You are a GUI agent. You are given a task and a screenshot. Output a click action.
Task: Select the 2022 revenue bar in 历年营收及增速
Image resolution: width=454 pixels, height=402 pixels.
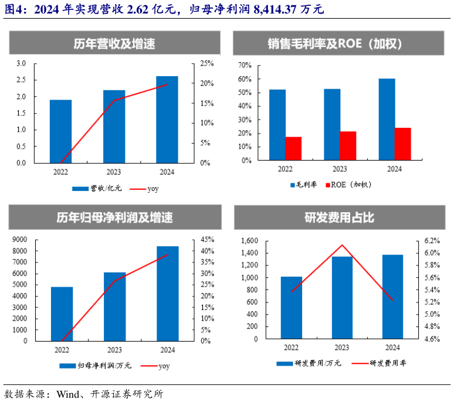(60, 131)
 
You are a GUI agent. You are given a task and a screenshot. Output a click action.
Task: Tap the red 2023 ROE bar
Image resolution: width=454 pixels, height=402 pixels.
(348, 145)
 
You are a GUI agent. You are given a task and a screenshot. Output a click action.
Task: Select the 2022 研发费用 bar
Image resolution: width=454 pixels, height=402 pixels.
(292, 308)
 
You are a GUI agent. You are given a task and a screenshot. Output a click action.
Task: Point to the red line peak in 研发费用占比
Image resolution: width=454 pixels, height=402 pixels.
(342, 246)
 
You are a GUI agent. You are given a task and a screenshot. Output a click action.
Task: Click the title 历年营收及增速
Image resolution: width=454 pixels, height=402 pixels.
(114, 43)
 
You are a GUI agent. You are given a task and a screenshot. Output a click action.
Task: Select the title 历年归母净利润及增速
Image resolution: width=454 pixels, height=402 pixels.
(114, 217)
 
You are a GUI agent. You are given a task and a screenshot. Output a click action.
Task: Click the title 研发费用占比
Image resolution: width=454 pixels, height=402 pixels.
(340, 217)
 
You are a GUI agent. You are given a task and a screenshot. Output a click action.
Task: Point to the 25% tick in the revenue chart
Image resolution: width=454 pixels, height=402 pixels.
(206, 63)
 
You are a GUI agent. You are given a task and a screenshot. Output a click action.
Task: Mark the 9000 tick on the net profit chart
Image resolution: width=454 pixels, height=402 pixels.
(20, 240)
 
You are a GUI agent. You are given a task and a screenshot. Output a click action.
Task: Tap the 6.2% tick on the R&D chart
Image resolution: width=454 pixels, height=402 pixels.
(431, 241)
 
